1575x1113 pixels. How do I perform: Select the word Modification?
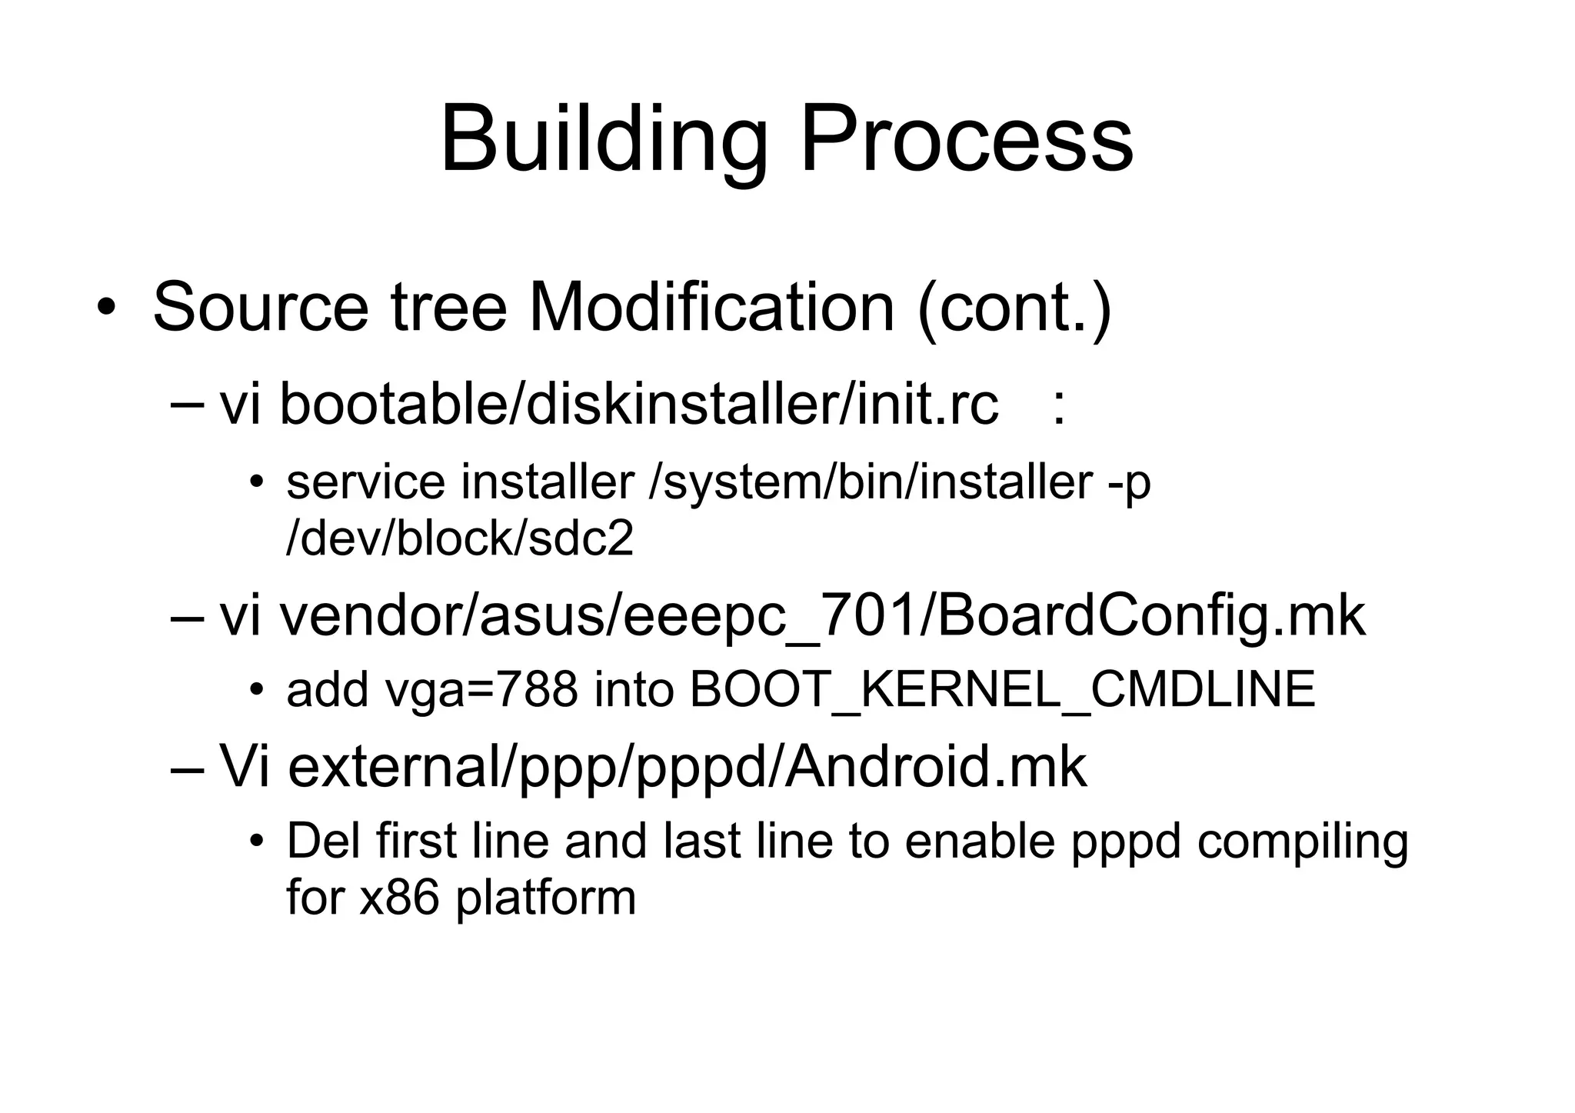pyautogui.click(x=711, y=308)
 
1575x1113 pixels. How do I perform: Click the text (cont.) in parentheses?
pyautogui.click(x=1014, y=308)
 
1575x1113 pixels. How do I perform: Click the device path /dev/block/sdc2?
pyautogui.click(x=459, y=538)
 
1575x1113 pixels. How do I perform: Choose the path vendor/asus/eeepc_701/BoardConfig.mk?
pyautogui.click(x=821, y=617)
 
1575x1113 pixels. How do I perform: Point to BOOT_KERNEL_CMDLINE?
pyautogui.click(x=1002, y=690)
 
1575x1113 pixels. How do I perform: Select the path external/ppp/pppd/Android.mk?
pyautogui.click(x=687, y=767)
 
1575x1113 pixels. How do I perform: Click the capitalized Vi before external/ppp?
pyautogui.click(x=244, y=767)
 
